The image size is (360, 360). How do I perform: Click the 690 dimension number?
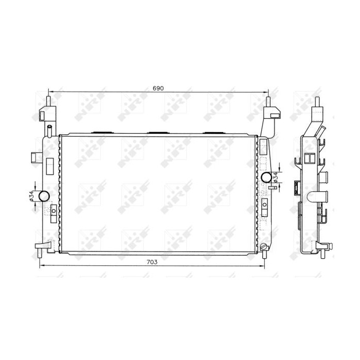point(158,88)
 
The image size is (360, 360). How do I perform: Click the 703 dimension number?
point(152,262)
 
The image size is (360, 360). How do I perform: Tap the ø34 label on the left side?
point(31,196)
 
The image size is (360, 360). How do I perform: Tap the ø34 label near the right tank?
point(276,177)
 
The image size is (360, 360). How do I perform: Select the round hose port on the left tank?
point(44,196)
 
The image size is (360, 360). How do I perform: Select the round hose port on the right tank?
point(266,177)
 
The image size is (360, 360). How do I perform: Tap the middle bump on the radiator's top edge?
point(157,134)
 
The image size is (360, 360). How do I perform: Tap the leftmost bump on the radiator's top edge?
point(102,134)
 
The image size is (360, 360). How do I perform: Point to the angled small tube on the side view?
point(322,132)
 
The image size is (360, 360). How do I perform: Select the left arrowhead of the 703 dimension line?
point(42,265)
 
